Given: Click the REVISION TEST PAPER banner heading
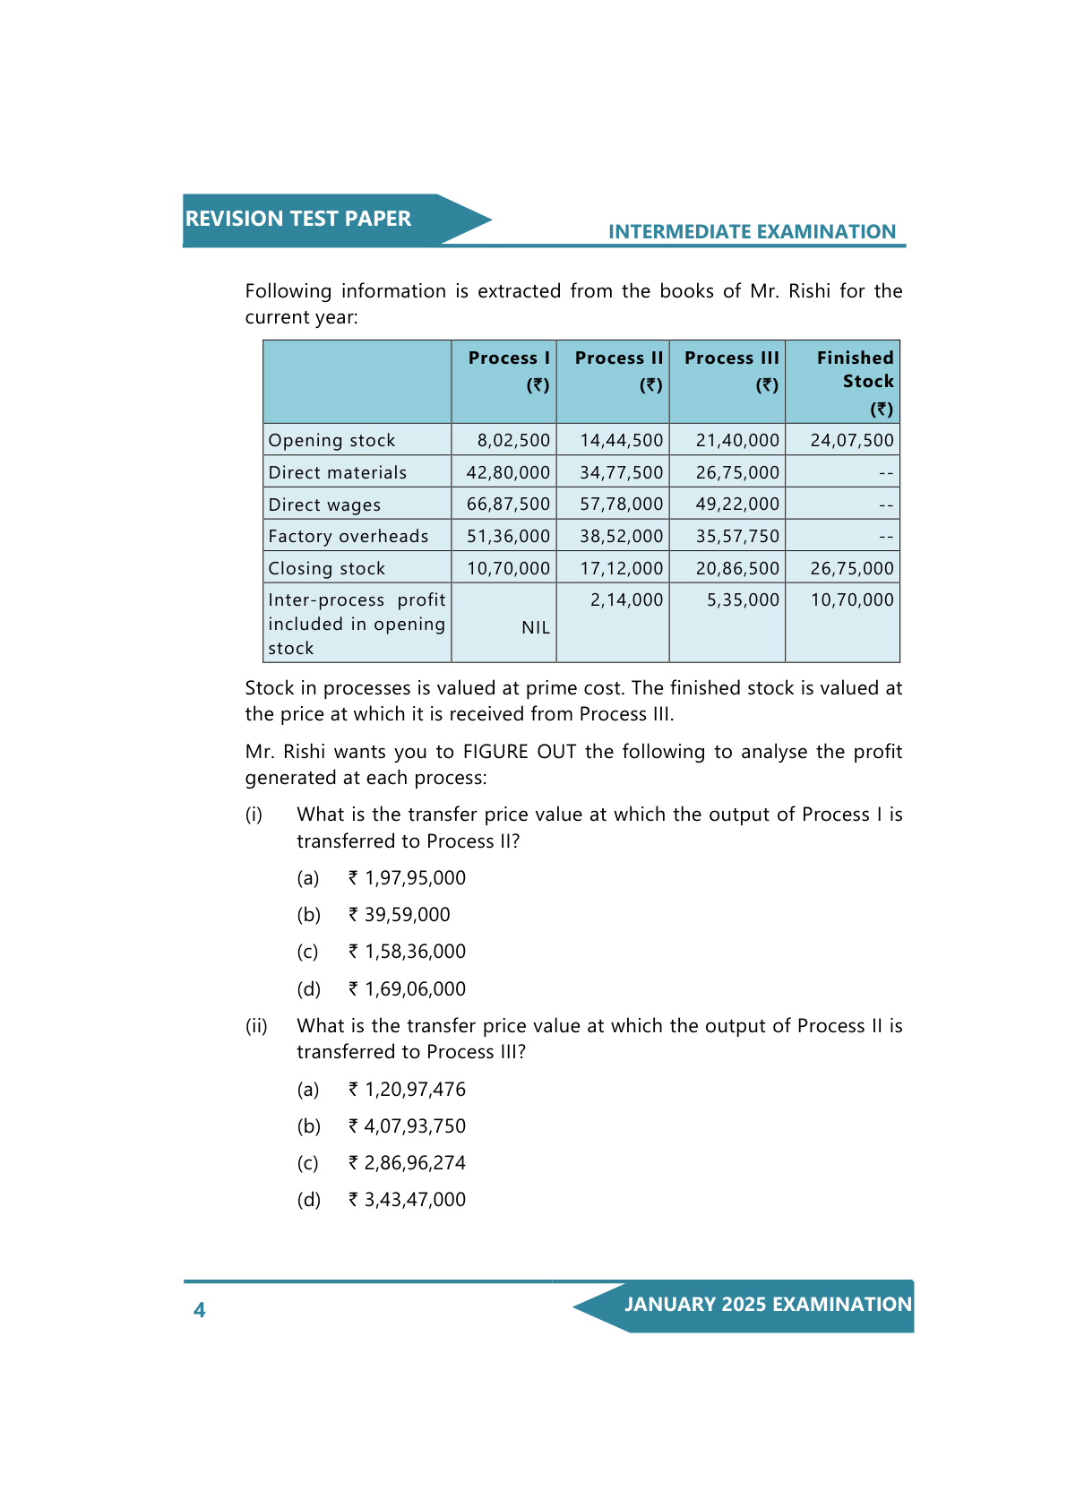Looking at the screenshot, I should point(297,219).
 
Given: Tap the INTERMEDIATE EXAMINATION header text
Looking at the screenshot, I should point(752,232).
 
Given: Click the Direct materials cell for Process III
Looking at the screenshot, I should point(737,472).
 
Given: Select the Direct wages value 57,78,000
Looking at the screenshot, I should point(621,504).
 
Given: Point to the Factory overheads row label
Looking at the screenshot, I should point(348,536).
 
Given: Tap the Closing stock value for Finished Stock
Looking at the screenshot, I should point(852,568).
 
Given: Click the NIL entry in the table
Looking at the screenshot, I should point(536,627).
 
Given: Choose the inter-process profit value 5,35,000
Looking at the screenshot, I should point(743,599).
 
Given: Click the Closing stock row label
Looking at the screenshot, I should point(327,568).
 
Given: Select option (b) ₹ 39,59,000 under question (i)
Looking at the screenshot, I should point(407,915).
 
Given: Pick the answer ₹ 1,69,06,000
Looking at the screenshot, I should point(415,989).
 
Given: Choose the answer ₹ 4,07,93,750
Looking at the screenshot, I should point(415,1126).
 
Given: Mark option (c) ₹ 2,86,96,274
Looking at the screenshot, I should point(415,1163).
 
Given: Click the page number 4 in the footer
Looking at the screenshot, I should point(199,1310).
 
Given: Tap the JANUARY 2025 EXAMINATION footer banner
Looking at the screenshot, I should point(767,1305).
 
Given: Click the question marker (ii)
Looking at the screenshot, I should point(256,1026).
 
